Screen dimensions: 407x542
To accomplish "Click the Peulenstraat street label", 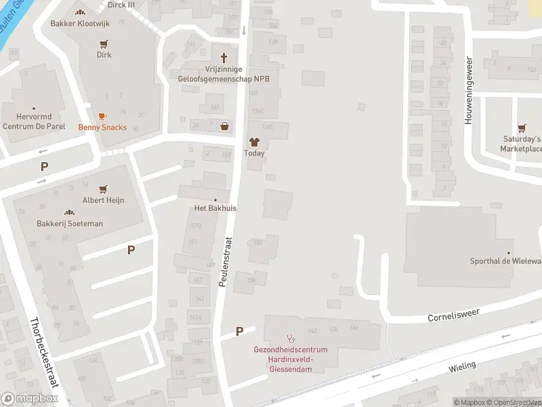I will (226, 261).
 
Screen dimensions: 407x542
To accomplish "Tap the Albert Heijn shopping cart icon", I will (104, 189).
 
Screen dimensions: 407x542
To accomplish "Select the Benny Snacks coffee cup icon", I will (102, 117).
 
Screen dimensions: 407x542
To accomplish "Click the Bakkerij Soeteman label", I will (70, 223).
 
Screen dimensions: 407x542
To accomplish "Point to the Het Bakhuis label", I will (215, 208).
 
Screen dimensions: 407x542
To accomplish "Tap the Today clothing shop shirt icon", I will (254, 142).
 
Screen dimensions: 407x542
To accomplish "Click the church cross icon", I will (224, 56).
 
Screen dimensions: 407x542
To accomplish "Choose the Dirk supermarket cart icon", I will (104, 44).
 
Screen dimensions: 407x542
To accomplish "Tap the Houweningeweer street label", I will (467, 90).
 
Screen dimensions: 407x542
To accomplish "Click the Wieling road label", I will (462, 367).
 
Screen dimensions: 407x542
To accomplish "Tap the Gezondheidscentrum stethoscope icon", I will (291, 337).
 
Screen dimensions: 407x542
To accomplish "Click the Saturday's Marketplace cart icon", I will (522, 128).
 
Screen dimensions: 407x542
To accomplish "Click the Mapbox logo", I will (29, 399).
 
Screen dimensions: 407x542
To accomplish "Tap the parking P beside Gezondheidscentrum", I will (239, 331).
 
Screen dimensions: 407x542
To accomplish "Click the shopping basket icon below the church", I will (224, 125).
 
